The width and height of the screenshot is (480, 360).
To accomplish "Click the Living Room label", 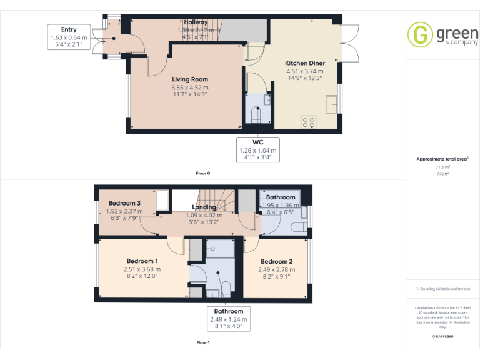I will click(190, 79).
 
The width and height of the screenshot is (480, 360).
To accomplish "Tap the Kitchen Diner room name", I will click(304, 63).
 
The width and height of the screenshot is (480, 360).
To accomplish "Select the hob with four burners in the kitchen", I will click(308, 122).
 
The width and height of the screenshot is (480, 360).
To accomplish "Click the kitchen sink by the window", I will click(331, 103).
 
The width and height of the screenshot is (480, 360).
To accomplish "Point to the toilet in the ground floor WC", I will click(256, 116).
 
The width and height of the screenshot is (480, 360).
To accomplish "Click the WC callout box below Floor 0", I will click(258, 150).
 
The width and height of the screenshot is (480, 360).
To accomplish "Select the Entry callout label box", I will click(69, 37).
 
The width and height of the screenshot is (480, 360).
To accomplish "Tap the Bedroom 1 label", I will click(142, 261).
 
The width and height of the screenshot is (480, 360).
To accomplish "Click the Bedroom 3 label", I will click(124, 203).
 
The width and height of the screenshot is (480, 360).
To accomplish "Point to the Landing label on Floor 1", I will click(204, 207).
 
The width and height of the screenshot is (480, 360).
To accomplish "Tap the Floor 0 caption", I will click(203, 172).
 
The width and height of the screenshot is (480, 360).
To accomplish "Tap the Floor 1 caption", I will click(203, 342).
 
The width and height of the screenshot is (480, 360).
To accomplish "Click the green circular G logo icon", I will click(419, 34).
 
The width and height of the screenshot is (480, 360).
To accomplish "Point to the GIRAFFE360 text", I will click(442, 336).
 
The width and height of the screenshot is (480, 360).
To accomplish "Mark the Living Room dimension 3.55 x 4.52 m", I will click(190, 87).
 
